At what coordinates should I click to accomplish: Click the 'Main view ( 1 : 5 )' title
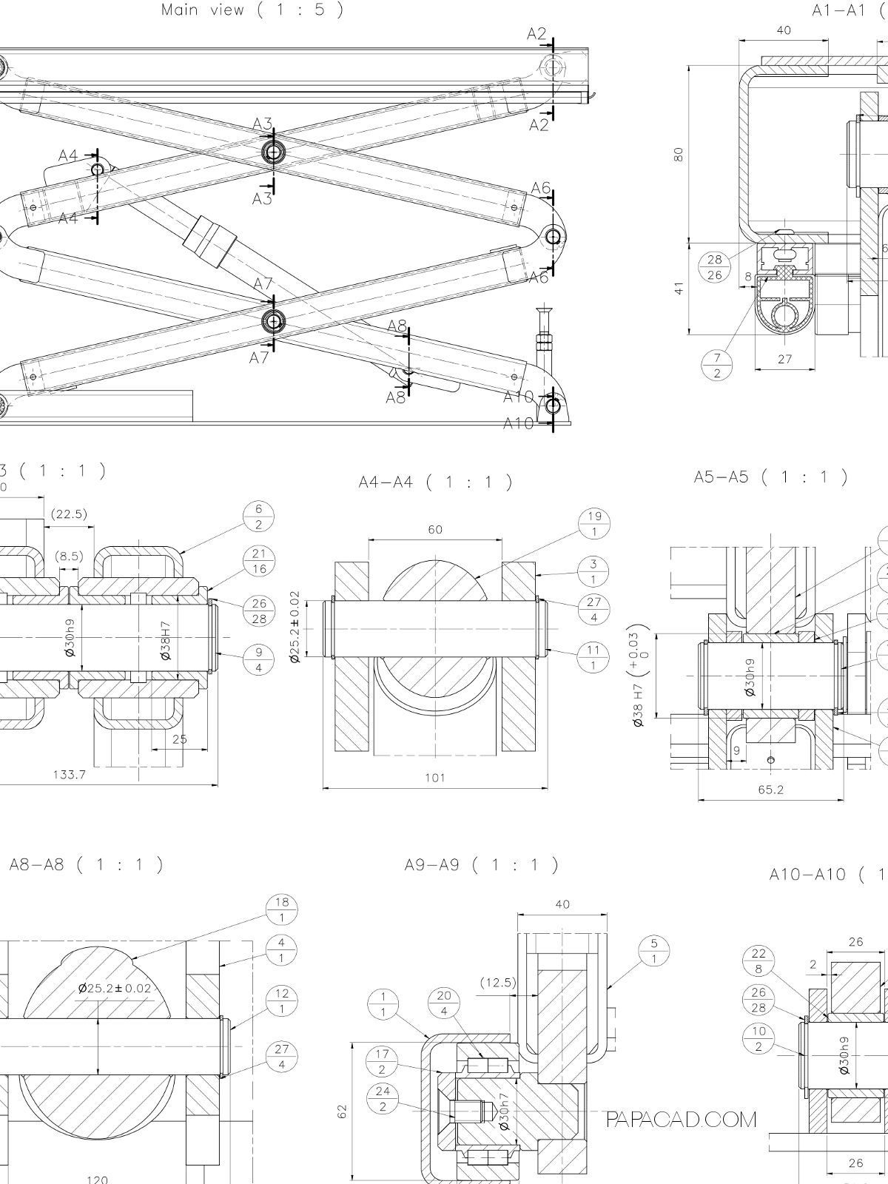point(252,10)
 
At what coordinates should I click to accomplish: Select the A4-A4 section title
point(435,482)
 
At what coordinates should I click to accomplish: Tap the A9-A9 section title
point(481,864)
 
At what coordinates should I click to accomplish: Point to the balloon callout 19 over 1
point(594,524)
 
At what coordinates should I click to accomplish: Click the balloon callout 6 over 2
point(259,517)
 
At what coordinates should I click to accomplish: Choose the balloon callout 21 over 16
point(259,561)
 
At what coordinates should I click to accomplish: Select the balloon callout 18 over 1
point(281,909)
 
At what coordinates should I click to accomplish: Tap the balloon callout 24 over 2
point(383,1100)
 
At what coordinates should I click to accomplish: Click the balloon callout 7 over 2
point(716,365)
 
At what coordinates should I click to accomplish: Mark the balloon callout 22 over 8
point(758,961)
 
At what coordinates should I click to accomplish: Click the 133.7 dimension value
point(69,775)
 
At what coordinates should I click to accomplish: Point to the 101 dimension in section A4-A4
point(435,777)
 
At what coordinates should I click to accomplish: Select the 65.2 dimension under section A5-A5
point(770,789)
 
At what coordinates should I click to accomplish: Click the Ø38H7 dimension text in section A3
point(166,640)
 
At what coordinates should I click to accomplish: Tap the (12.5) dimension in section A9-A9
point(498,983)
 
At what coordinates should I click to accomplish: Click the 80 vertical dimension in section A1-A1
point(679,154)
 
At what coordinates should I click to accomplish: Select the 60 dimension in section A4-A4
point(435,530)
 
